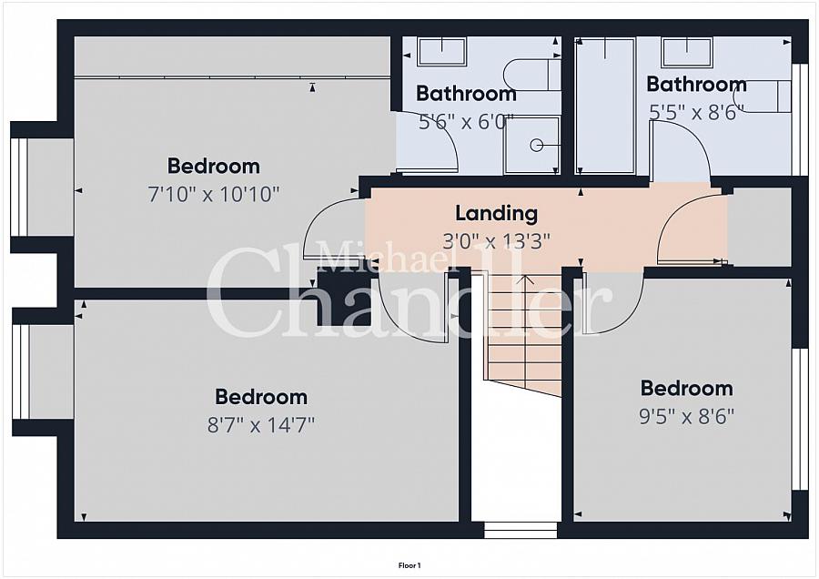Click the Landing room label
point(496,213)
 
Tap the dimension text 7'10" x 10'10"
point(214,195)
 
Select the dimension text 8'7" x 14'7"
point(261,425)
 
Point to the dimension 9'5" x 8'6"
point(687,416)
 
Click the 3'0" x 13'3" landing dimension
point(496,241)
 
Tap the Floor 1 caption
point(409,565)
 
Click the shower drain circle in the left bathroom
point(536,146)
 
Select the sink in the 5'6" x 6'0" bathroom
point(442,51)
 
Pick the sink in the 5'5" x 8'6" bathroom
point(686,52)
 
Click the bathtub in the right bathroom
point(605,106)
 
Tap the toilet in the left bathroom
point(532,75)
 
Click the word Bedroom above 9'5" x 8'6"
point(687,388)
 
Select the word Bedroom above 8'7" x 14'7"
point(261,397)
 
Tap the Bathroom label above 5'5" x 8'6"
point(696,84)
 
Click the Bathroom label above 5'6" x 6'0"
point(466,94)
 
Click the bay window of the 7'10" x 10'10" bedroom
point(19,187)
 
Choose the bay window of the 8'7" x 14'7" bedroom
point(21,371)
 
